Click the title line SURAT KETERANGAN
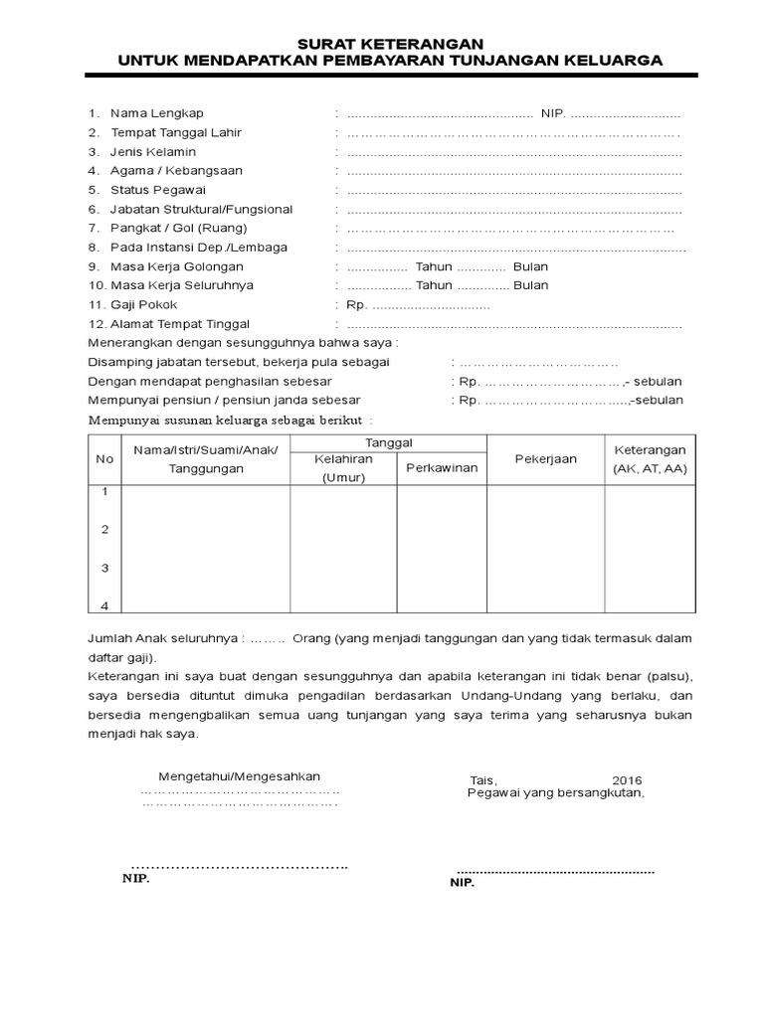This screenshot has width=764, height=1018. [x=390, y=44]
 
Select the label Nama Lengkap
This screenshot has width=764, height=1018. [x=156, y=113]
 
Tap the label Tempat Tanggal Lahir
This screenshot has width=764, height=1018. [x=175, y=132]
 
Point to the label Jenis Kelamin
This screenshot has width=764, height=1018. [x=153, y=152]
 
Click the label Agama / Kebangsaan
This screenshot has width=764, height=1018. [x=176, y=171]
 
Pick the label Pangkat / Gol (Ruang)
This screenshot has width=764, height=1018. [x=178, y=229]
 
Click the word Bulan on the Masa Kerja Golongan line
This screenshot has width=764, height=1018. [x=531, y=266]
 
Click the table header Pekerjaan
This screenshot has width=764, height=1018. [x=545, y=459]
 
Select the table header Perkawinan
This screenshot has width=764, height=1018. [x=442, y=466]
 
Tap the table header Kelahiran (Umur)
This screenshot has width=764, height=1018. [x=343, y=468]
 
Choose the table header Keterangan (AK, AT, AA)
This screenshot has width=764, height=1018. [x=650, y=459]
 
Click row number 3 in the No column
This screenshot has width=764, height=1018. [x=104, y=568]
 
